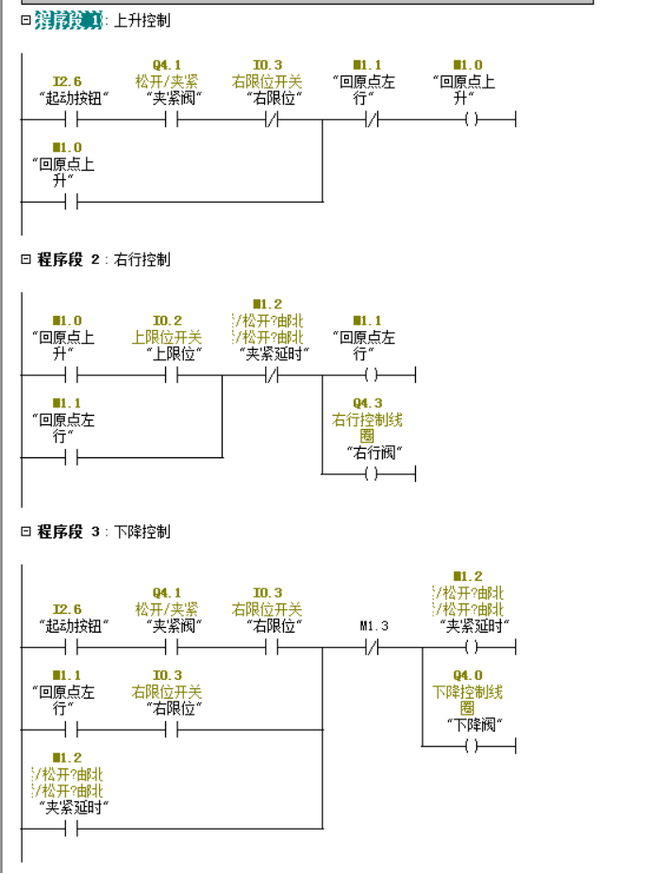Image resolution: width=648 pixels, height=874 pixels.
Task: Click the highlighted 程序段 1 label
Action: (x=68, y=20)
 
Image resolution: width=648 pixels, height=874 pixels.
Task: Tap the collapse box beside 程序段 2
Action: (x=25, y=259)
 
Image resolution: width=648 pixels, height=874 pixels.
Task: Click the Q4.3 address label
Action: (x=367, y=404)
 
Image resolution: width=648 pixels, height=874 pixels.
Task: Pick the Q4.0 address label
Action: (x=467, y=675)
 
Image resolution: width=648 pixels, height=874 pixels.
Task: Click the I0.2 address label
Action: (x=167, y=321)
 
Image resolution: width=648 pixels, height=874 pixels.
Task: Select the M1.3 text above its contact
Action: (x=374, y=626)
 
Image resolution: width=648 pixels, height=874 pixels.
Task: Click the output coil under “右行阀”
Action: (x=370, y=473)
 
